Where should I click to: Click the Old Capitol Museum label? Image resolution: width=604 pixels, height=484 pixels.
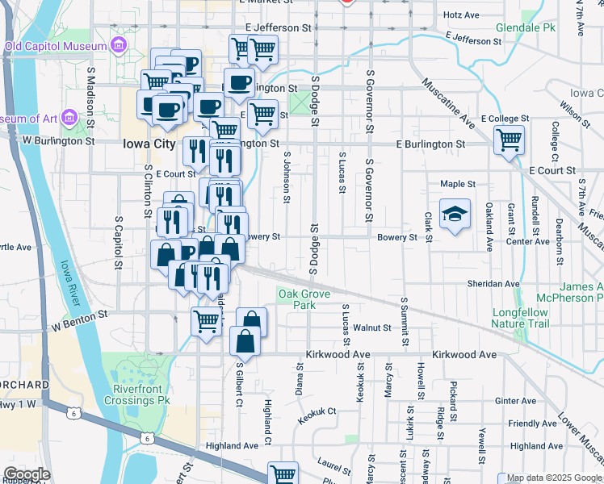tap(56, 46)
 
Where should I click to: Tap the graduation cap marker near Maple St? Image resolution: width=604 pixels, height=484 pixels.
tap(455, 215)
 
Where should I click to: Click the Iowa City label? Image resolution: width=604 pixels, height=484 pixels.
tap(149, 144)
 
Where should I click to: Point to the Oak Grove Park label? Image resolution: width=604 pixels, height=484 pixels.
tap(304, 299)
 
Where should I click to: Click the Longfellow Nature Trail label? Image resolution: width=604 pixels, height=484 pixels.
tap(520, 318)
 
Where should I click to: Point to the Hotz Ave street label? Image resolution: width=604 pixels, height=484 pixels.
tap(462, 15)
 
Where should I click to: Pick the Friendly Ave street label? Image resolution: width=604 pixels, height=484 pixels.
tap(532, 423)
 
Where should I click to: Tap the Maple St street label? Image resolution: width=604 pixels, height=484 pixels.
tap(457, 184)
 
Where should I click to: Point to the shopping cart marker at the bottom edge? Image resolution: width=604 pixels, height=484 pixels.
tap(283, 474)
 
